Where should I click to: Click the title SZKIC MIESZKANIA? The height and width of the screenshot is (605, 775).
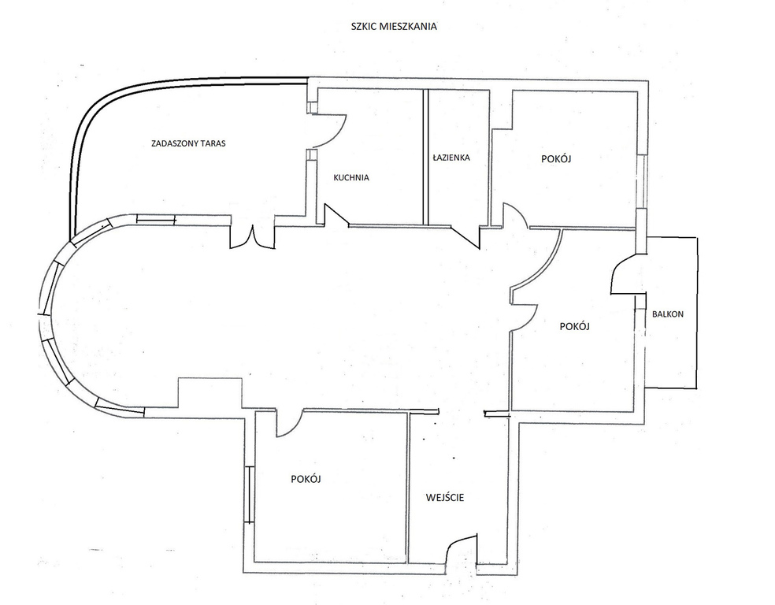pos(394,27)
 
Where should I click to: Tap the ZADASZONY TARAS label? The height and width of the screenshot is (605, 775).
pos(187,144)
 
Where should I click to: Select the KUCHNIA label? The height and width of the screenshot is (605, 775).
pos(351,177)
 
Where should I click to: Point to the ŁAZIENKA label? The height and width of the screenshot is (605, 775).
pos(451,158)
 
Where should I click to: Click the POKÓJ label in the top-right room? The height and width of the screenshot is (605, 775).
pos(556,159)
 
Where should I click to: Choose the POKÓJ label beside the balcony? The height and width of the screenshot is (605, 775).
pos(574,327)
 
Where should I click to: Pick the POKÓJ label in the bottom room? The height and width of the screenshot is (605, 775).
pos(306,479)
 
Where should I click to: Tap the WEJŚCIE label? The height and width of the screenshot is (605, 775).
pos(445,497)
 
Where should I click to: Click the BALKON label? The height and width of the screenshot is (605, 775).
pos(668,314)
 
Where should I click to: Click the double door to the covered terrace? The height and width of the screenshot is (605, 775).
pos(252,237)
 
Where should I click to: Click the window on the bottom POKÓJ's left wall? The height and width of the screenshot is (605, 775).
pos(249,494)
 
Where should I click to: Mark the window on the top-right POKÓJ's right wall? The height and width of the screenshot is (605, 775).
pos(642,180)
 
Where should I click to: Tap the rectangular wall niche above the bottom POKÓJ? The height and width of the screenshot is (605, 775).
pos(210,393)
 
